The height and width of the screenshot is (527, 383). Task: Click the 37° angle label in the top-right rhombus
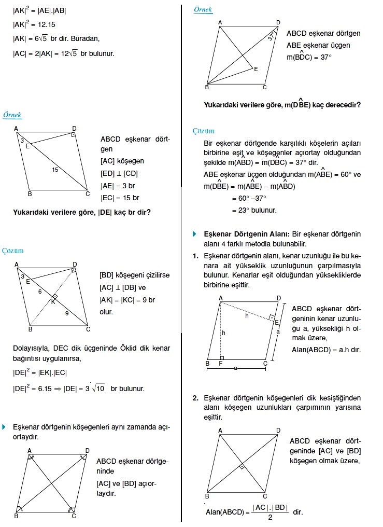click(x=271, y=36)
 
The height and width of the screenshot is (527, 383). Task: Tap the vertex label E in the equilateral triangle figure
click(x=256, y=68)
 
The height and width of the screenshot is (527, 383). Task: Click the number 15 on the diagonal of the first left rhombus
click(x=55, y=170)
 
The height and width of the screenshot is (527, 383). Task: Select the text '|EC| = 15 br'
click(x=120, y=198)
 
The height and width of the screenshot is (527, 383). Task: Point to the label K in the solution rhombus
click(x=53, y=301)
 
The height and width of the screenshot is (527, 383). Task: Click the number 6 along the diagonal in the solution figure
click(x=39, y=292)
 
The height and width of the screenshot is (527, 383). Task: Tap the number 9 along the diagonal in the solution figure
click(x=66, y=313)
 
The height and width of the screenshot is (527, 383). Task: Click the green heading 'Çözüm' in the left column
click(x=13, y=251)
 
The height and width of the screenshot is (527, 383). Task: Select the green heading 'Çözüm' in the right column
click(x=203, y=131)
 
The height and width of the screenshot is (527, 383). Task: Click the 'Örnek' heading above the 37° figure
click(x=203, y=10)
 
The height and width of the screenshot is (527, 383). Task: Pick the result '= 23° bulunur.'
click(x=254, y=210)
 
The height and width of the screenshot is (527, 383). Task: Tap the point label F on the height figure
click(x=221, y=364)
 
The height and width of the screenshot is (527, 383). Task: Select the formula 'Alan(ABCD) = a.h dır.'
click(x=326, y=350)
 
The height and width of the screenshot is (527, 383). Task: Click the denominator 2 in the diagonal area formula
click(x=269, y=517)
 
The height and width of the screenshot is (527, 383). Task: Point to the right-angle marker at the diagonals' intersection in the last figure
click(x=242, y=467)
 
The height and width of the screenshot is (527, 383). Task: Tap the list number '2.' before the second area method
click(x=195, y=398)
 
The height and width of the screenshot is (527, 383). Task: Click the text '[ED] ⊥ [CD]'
click(x=119, y=174)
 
